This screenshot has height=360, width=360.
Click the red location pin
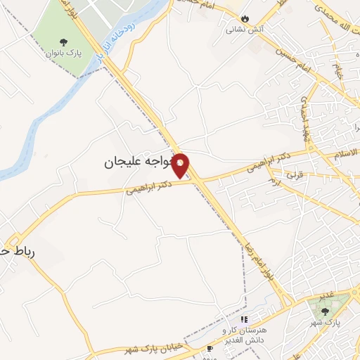(x=181, y=165)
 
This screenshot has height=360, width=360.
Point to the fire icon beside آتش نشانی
(x=245, y=18)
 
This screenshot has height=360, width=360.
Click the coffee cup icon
(x=210, y=349)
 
